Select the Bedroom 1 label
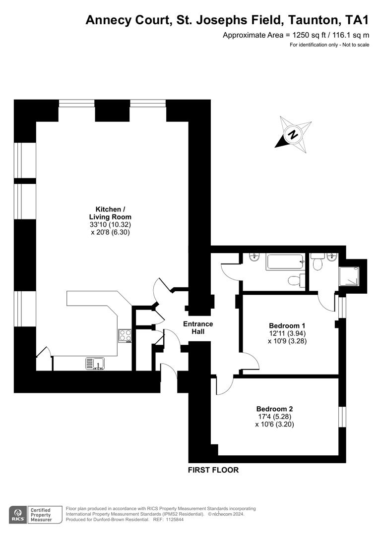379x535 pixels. click(x=287, y=325)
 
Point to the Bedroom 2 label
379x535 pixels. click(x=274, y=409)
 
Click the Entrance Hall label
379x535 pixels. click(x=198, y=328)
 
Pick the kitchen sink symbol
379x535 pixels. click(x=94, y=364)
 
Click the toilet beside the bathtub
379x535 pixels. click(x=296, y=280)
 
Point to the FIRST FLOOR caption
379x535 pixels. click(x=213, y=470)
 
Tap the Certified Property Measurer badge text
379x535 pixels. click(x=42, y=515)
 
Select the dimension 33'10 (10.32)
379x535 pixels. click(x=110, y=224)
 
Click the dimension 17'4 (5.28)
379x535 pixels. click(x=274, y=417)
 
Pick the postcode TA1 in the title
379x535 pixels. click(x=356, y=20)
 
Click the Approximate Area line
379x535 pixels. click(x=296, y=35)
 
